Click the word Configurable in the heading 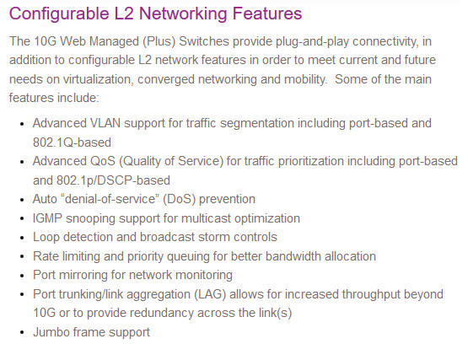(x=59, y=14)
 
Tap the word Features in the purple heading (x=267, y=13)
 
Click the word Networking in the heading (x=183, y=14)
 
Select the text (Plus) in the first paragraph (x=159, y=41)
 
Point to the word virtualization (x=98, y=79)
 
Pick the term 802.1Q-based (x=72, y=142)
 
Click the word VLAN (x=105, y=123)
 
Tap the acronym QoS (x=103, y=161)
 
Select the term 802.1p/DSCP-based (x=114, y=180)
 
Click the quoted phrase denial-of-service (x=110, y=199)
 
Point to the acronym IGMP (x=47, y=218)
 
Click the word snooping (x=90, y=219)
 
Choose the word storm (x=214, y=237)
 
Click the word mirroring (x=83, y=275)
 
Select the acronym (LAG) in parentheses (x=210, y=294)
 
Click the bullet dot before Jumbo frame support (x=22, y=333)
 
